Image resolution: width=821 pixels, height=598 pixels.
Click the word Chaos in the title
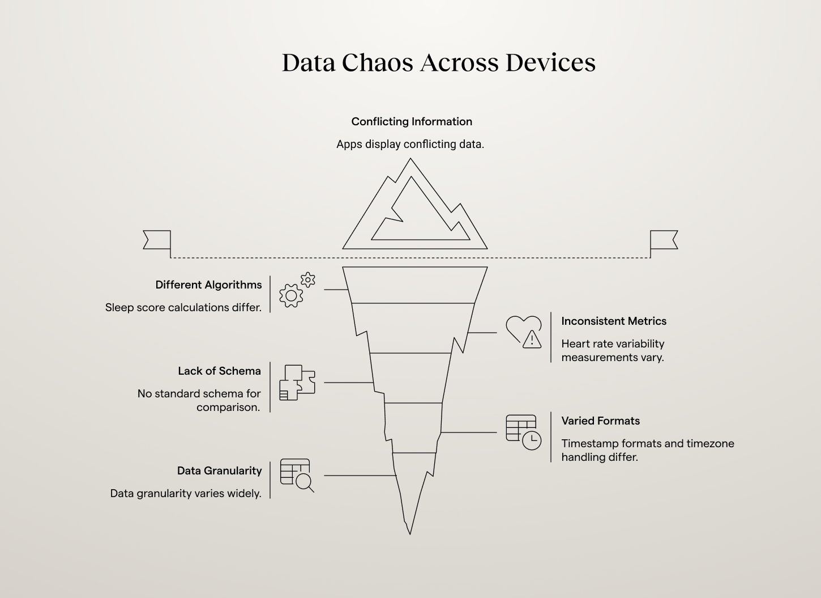(377, 62)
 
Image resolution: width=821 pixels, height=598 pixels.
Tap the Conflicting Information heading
(412, 121)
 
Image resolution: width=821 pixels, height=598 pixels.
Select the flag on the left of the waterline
(157, 240)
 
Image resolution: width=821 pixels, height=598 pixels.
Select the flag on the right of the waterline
(664, 240)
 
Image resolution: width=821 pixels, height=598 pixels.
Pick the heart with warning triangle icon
(523, 332)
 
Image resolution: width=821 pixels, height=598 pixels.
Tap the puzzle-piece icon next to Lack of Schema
(297, 383)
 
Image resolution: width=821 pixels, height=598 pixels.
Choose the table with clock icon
(523, 432)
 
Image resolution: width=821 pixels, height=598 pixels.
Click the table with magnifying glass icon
(297, 475)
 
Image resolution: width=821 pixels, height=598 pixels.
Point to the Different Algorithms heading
(208, 285)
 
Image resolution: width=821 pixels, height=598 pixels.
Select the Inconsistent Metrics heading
(614, 321)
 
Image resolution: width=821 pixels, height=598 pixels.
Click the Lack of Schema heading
(219, 371)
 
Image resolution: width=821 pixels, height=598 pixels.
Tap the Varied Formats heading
(600, 421)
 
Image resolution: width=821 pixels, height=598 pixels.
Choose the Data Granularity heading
(219, 470)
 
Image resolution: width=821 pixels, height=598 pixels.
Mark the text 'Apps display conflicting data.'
(410, 144)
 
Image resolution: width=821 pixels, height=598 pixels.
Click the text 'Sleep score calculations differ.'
(183, 307)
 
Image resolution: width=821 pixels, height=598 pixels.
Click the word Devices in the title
(550, 62)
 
